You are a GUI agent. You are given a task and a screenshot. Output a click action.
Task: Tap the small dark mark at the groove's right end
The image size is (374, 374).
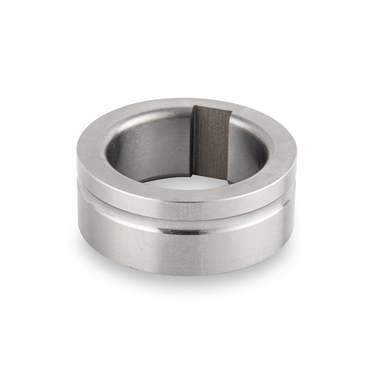click(286, 202)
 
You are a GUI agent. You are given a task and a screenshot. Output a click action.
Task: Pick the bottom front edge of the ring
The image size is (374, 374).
click(187, 274)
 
